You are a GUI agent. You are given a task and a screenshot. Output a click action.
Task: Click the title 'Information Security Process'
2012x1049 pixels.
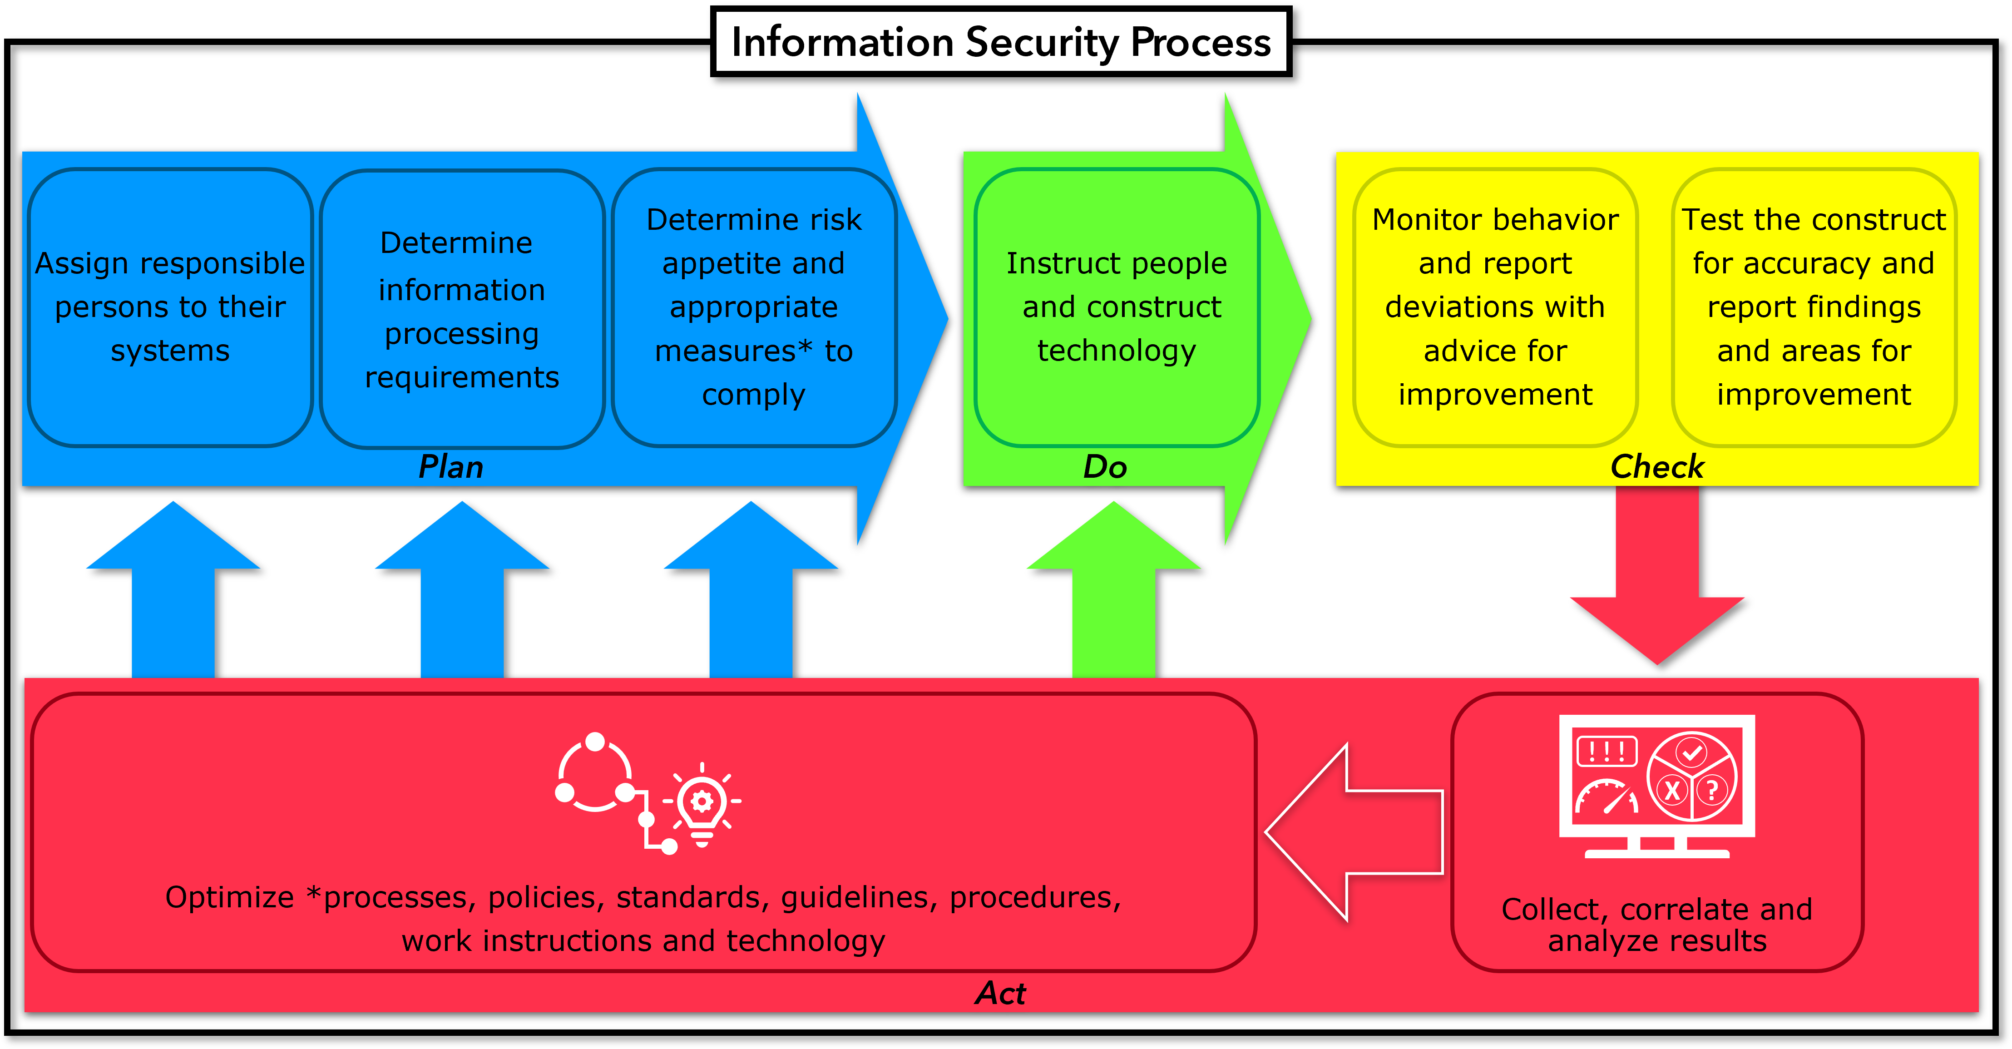(x=1000, y=42)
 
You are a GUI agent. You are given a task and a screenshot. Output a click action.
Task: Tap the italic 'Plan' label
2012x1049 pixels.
(x=451, y=467)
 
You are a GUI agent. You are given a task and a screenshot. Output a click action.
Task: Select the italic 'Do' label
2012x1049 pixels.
(x=1104, y=467)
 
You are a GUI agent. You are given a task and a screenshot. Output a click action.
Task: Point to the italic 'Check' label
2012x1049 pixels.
(x=1656, y=467)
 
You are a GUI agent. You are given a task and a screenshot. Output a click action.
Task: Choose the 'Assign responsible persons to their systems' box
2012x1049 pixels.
(x=170, y=307)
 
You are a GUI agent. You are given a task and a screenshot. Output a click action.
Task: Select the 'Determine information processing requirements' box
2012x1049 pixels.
(x=462, y=309)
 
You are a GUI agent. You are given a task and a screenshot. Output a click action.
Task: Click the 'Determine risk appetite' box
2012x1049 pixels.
(x=754, y=307)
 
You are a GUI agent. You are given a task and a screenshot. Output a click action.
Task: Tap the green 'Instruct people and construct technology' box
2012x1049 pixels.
(x=1117, y=307)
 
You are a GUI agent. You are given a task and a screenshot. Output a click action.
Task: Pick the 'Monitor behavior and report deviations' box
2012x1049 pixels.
(x=1495, y=307)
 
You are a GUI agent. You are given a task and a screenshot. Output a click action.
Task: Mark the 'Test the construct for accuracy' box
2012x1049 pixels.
(x=1814, y=307)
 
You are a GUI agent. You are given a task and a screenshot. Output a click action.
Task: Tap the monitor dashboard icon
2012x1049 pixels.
(x=1656, y=785)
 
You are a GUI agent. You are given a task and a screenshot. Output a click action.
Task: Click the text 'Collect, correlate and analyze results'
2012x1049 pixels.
(x=1656, y=925)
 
